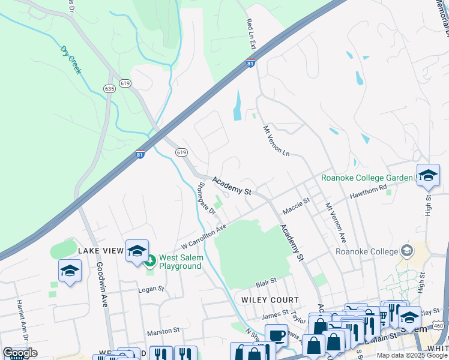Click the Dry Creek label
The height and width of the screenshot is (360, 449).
click(70, 59)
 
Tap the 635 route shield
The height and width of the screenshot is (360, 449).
click(109, 88)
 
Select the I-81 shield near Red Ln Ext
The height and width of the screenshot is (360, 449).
click(251, 62)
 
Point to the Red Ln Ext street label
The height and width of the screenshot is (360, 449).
click(251, 34)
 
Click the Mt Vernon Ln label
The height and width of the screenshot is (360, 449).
click(276, 141)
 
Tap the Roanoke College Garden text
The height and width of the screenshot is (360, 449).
click(367, 178)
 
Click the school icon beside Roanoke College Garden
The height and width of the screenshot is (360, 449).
click(427, 175)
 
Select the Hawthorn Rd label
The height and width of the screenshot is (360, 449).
click(369, 190)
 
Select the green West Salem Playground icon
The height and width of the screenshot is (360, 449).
click(150, 261)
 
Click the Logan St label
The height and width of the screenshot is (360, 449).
click(151, 289)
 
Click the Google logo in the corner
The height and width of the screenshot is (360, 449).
click(20, 353)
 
